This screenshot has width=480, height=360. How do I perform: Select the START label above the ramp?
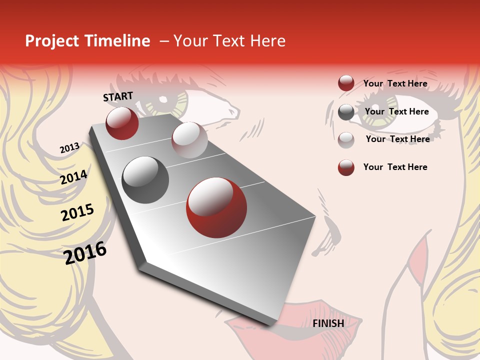point(118,96)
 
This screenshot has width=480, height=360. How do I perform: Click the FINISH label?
point(328,323)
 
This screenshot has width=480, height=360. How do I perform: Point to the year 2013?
point(69,148)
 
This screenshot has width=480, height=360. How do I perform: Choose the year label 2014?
point(73,177)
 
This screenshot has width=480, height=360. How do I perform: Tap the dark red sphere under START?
point(122,123)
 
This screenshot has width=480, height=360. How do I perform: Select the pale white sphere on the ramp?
point(189,140)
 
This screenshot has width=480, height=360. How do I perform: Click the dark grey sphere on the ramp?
point(145,180)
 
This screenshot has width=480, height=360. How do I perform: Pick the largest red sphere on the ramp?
point(216,207)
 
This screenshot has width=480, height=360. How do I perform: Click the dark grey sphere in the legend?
point(346,112)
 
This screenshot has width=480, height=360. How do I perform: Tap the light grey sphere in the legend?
point(346,140)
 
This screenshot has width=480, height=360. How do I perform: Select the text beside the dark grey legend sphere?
point(396,111)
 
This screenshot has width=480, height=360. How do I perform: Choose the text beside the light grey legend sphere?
point(397,139)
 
